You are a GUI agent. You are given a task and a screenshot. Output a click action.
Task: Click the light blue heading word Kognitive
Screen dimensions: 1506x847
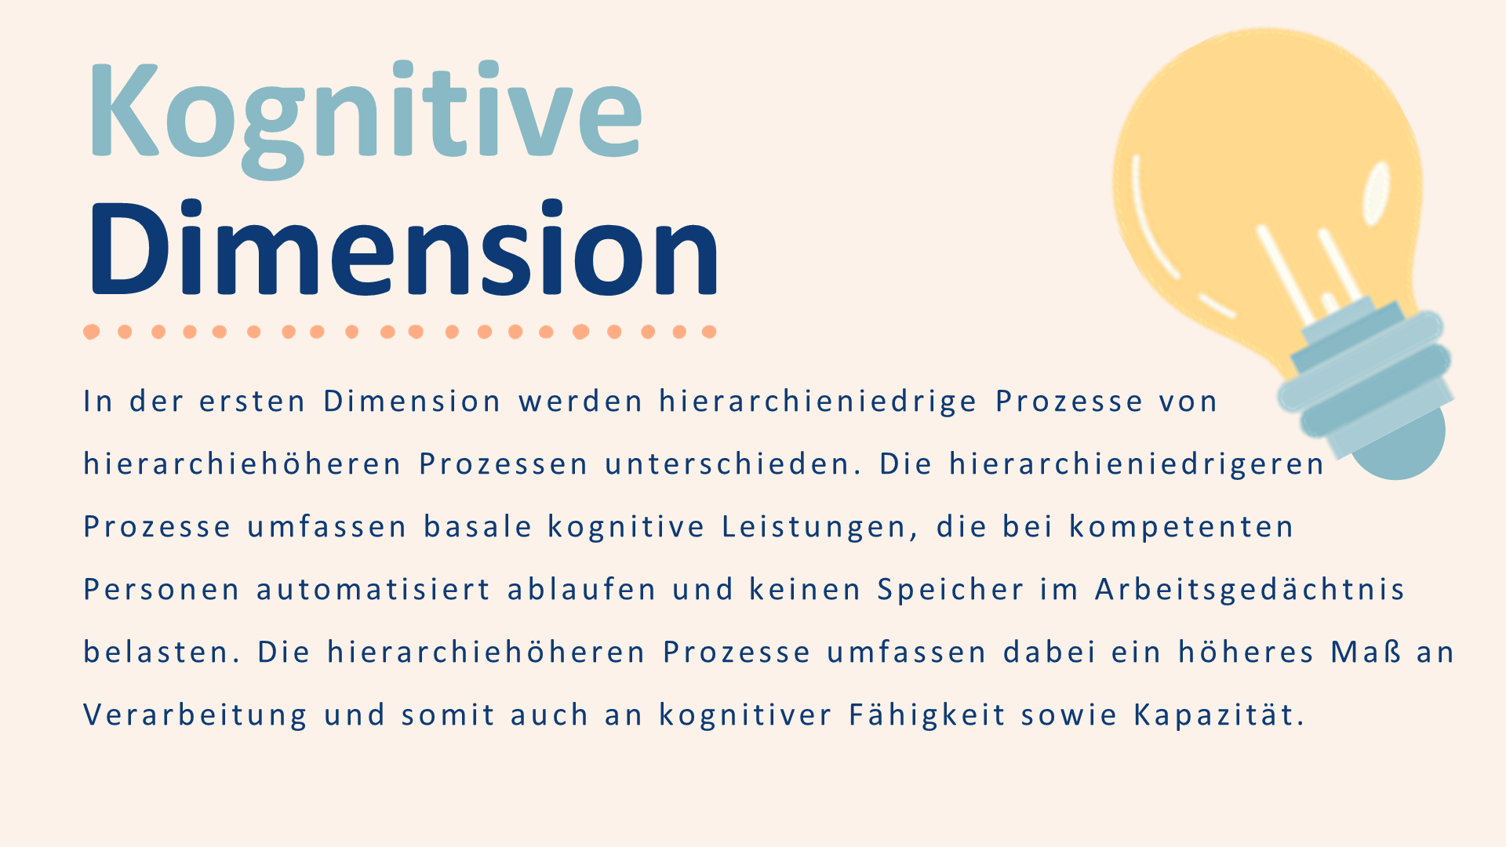click(x=366, y=118)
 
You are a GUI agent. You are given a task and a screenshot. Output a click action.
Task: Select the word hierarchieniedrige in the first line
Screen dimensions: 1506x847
click(x=818, y=402)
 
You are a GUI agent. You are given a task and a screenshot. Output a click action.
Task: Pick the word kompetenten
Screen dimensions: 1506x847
click(x=1181, y=527)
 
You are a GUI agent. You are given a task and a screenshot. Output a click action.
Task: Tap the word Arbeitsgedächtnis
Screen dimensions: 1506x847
click(x=1250, y=590)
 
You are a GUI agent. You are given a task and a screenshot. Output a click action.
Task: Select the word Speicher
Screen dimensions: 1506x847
click(x=951, y=590)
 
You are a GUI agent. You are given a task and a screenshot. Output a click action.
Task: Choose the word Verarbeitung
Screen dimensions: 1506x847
click(x=195, y=715)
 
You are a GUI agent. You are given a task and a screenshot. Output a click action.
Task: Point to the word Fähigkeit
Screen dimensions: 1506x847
click(x=927, y=715)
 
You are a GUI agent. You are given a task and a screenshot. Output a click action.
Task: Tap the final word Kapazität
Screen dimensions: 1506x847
click(x=1219, y=715)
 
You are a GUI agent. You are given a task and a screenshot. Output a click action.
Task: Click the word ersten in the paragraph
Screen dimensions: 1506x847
click(x=252, y=402)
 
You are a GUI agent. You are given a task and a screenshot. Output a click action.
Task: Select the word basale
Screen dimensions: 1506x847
click(x=478, y=526)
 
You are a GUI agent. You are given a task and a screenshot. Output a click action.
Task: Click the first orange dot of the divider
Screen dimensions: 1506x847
click(x=92, y=332)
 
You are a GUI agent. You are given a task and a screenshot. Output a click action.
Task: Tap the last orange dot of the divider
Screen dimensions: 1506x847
click(x=709, y=332)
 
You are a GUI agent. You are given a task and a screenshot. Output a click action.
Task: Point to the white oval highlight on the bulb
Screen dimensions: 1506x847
click(x=1376, y=192)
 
